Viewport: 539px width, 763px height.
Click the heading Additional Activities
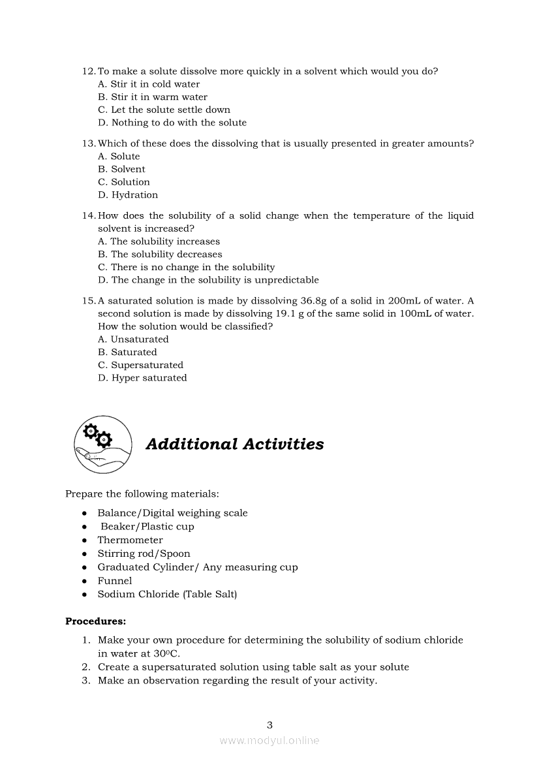[234, 444]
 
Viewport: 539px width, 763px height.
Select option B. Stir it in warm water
[153, 97]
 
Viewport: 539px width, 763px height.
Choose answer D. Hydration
[128, 195]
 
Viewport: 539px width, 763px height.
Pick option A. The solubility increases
[159, 241]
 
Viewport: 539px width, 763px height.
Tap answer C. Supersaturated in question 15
[140, 365]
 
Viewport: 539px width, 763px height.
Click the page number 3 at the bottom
[269, 724]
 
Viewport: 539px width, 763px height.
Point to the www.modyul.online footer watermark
[269, 740]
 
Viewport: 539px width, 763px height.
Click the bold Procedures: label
[95, 621]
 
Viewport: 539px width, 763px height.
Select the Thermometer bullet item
[130, 540]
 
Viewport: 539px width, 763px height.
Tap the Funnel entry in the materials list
[115, 580]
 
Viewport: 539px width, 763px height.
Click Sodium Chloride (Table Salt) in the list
[167, 594]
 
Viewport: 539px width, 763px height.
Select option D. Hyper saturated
[142, 378]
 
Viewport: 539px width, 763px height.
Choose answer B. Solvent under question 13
[121, 169]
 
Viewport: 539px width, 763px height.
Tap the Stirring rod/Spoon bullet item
[144, 553]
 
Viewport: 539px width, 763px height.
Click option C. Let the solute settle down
[164, 110]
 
